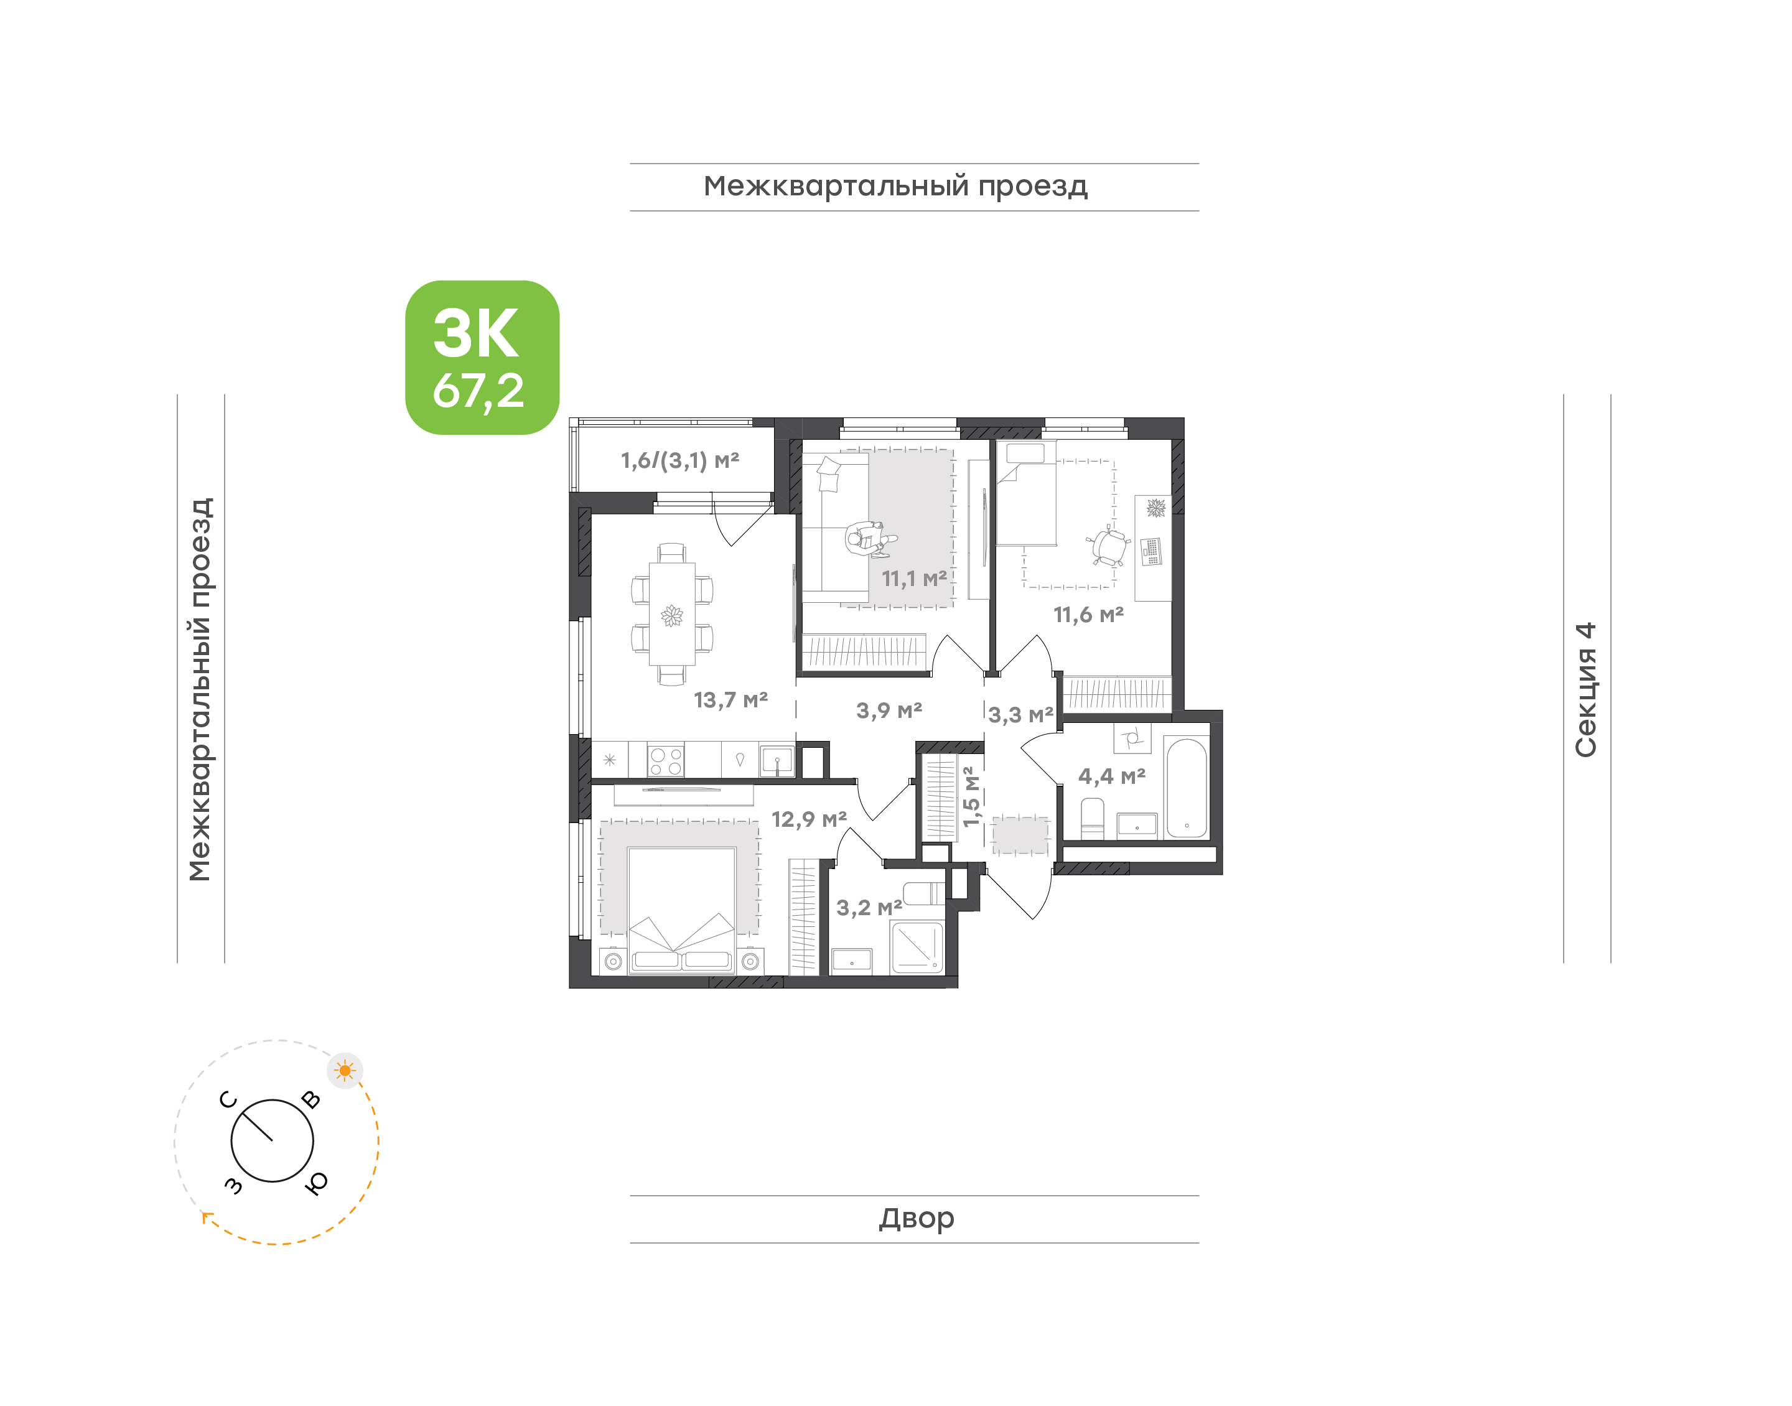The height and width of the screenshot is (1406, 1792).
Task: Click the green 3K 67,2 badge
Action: pyautogui.click(x=482, y=357)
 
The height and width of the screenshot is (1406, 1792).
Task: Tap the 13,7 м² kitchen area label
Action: pyautogui.click(x=730, y=700)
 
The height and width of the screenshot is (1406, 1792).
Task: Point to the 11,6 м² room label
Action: pyautogui.click(x=1088, y=614)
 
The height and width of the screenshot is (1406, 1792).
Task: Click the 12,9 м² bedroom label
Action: pyautogui.click(x=808, y=819)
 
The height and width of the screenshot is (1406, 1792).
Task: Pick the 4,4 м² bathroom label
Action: pyautogui.click(x=1111, y=776)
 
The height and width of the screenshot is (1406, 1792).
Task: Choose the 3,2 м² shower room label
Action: pyautogui.click(x=869, y=908)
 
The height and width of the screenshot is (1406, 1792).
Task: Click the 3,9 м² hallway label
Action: pyautogui.click(x=889, y=710)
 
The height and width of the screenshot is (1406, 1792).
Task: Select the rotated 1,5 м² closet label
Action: pyautogui.click(x=971, y=796)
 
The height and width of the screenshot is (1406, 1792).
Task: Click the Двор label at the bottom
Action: pyautogui.click(x=916, y=1218)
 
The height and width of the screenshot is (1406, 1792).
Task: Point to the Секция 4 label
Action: pyautogui.click(x=1585, y=689)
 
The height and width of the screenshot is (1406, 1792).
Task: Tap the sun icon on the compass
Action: pyautogui.click(x=345, y=1071)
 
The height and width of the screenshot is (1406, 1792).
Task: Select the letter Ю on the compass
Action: pyautogui.click(x=316, y=1183)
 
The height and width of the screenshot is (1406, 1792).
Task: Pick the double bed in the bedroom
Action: pyautogui.click(x=681, y=910)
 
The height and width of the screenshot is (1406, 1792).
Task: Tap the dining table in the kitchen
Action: pyautogui.click(x=672, y=613)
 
